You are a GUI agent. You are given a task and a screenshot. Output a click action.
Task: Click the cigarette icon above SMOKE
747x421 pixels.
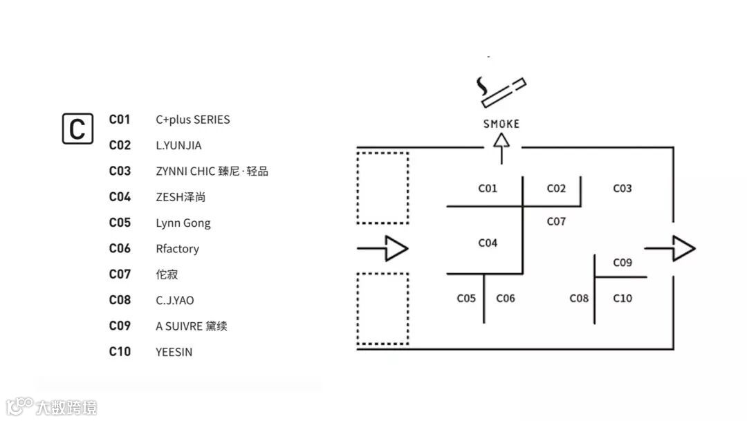point(501,92)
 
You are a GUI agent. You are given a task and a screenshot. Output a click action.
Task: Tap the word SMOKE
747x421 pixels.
point(501,124)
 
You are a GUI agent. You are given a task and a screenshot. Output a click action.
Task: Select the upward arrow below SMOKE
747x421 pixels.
point(501,147)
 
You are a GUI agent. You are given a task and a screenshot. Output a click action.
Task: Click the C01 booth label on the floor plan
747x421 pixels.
point(488,188)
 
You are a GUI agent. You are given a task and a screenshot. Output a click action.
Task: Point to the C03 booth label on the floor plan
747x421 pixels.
point(622,188)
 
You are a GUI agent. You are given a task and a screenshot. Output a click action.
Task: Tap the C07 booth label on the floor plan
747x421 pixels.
point(556,221)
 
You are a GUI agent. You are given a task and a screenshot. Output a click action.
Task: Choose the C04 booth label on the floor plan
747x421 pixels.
point(488,243)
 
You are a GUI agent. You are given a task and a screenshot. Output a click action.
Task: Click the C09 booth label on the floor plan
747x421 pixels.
point(622,263)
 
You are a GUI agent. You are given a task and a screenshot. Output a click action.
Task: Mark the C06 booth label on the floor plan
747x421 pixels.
point(506,298)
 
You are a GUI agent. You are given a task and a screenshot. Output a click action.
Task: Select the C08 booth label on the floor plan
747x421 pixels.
point(579,298)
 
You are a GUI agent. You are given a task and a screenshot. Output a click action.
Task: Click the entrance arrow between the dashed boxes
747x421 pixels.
point(383,248)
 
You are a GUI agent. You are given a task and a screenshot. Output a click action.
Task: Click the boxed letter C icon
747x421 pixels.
point(77,128)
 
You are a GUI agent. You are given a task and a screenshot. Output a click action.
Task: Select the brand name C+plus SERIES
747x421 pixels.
point(192,120)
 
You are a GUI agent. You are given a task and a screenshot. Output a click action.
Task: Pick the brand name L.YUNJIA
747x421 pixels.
point(178,145)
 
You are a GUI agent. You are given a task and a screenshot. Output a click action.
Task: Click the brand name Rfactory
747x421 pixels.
point(177,248)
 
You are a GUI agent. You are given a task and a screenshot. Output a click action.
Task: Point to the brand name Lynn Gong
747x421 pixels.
point(183,223)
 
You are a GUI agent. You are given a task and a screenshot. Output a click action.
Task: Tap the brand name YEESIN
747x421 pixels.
point(174,352)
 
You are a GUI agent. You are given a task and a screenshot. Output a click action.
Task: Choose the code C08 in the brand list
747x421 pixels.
point(120,300)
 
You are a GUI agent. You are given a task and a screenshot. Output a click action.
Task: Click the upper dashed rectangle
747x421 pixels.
point(382,187)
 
